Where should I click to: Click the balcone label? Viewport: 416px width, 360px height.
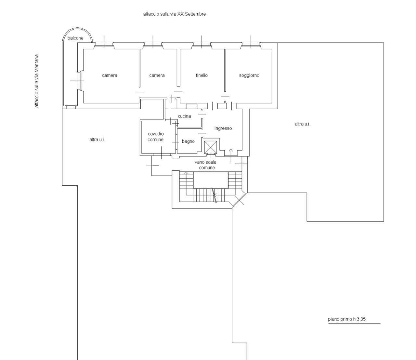(x=75, y=38)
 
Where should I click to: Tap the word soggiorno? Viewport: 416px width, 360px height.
(x=249, y=75)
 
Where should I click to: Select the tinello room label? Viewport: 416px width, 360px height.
(x=201, y=75)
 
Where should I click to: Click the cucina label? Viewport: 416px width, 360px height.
(x=184, y=116)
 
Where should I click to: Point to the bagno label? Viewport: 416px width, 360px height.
(x=188, y=141)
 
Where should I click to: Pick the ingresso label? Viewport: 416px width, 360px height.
(x=223, y=128)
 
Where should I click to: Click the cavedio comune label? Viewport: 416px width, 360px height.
(x=156, y=137)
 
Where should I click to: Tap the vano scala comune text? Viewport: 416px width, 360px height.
(x=206, y=165)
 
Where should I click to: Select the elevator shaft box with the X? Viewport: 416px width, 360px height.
(x=211, y=147)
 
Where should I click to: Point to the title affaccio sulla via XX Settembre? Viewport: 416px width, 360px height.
(x=175, y=14)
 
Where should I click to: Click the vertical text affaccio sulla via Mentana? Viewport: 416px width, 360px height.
(x=36, y=81)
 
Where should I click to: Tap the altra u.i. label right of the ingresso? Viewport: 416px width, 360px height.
(x=303, y=124)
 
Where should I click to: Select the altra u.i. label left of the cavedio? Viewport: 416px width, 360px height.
(x=97, y=140)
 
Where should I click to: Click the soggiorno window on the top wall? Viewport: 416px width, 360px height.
(x=251, y=45)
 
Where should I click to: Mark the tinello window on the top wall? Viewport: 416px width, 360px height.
(x=201, y=45)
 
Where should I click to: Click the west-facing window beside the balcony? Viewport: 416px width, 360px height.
(x=79, y=81)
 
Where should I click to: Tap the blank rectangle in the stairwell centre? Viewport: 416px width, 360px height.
(x=211, y=180)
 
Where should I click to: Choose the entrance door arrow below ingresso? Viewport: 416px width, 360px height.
(x=231, y=156)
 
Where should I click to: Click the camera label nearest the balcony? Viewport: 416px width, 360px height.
(x=110, y=75)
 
